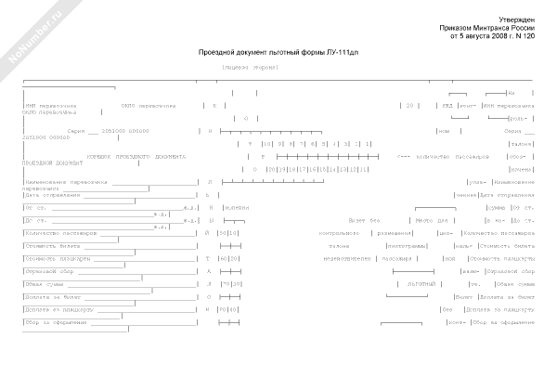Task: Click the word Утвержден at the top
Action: point(515,19)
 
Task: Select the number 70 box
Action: point(223,283)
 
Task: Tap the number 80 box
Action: point(223,309)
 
